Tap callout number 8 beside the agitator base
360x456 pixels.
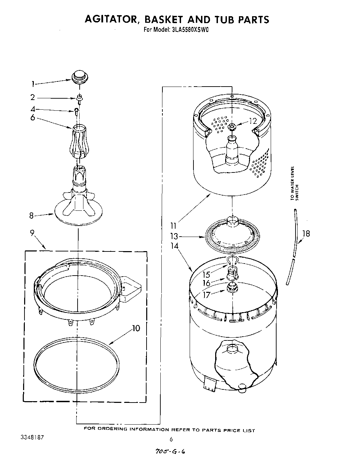(x=31, y=216)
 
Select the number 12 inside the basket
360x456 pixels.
(x=253, y=121)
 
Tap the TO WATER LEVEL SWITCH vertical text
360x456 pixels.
(x=294, y=183)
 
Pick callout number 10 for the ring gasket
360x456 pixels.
(x=136, y=328)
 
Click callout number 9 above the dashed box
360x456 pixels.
(x=32, y=233)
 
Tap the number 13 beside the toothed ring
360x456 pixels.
(x=174, y=237)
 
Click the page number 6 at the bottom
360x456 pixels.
(x=171, y=439)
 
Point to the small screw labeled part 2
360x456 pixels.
(x=79, y=99)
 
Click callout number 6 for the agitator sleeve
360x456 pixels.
(x=33, y=118)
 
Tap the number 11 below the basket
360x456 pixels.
(x=173, y=226)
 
